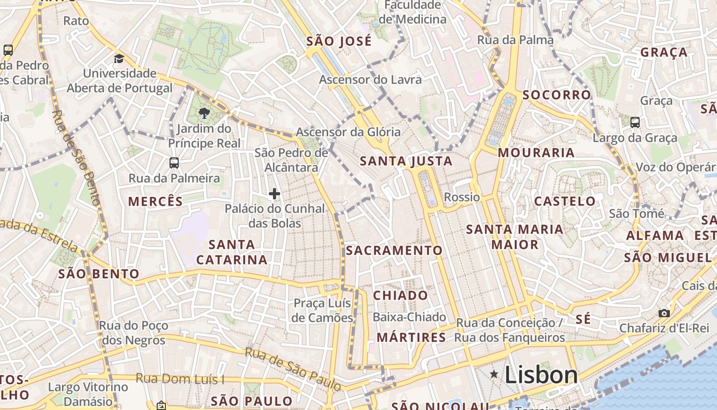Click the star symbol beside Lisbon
tap(494, 374)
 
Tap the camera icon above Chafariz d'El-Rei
tap(664, 313)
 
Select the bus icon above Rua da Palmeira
tap(174, 163)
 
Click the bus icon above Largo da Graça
tap(635, 122)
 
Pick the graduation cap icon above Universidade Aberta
tap(119, 58)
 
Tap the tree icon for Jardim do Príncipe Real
tap(204, 113)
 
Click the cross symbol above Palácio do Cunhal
tap(275, 194)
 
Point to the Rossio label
tap(462, 197)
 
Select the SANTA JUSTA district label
tap(406, 161)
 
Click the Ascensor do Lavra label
tap(370, 80)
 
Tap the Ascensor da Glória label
tap(348, 132)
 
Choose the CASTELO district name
tap(565, 201)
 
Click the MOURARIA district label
tap(536, 153)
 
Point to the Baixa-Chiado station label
tap(409, 317)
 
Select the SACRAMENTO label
tap(394, 251)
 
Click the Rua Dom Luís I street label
tap(180, 379)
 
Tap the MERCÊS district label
tap(156, 201)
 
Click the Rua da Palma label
tap(515, 40)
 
